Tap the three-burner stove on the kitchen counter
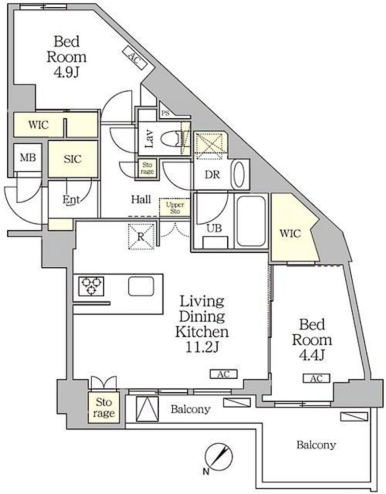[91, 286]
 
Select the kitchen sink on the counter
[141, 287]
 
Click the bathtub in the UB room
[251, 221]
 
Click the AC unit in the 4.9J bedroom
[135, 58]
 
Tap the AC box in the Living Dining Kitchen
[224, 374]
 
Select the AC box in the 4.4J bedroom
[317, 378]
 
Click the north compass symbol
[219, 457]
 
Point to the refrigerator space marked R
[141, 236]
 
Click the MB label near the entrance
[28, 157]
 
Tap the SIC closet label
[72, 159]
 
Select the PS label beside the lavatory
[166, 113]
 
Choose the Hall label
[141, 199]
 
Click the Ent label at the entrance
[71, 199]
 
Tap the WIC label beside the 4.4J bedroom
[290, 233]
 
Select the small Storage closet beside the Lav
[147, 168]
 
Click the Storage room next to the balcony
[104, 407]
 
